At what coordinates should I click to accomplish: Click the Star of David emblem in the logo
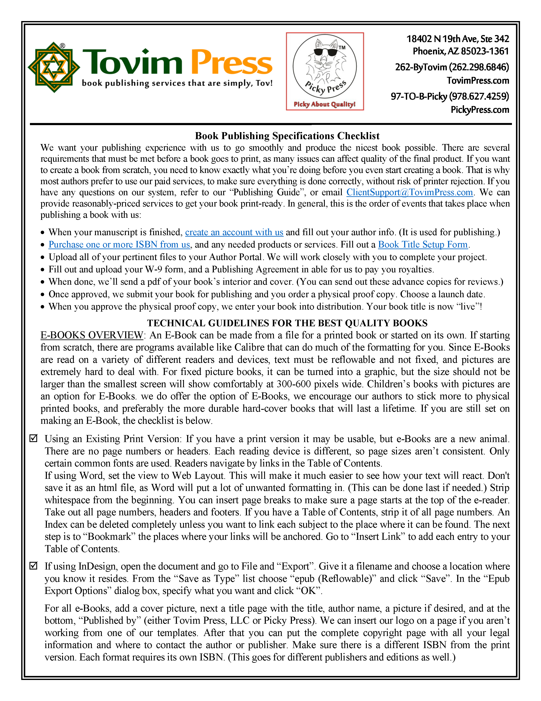click(x=54, y=67)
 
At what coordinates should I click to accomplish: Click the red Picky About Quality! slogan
click(x=325, y=104)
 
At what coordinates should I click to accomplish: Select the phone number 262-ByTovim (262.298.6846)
click(x=452, y=67)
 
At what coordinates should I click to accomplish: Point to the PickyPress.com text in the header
click(x=479, y=110)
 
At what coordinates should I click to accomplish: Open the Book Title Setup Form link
click(x=423, y=245)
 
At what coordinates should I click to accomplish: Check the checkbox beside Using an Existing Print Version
click(x=33, y=438)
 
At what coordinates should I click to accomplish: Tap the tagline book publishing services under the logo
click(x=177, y=83)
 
